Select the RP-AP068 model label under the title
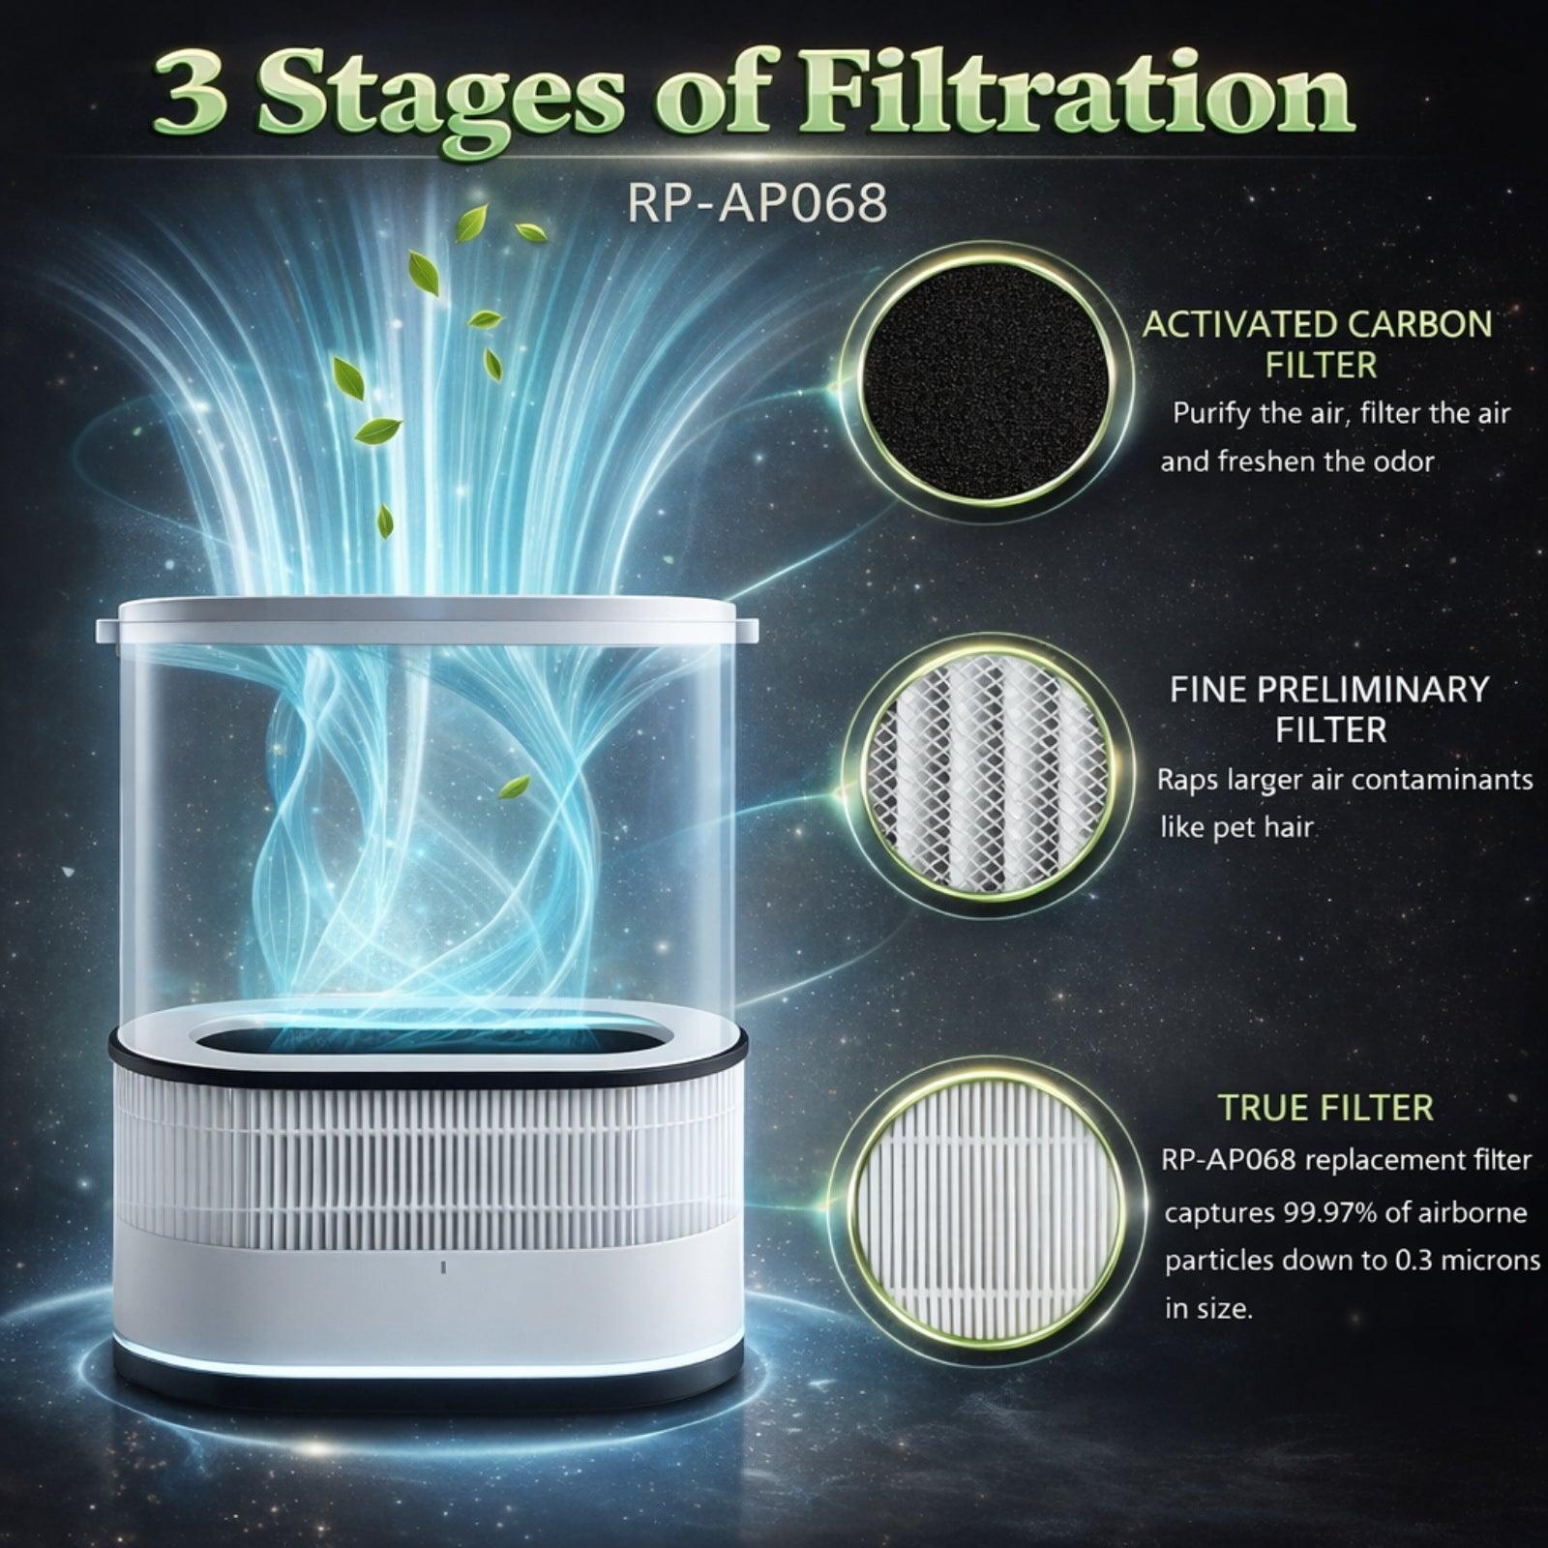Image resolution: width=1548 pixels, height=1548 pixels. tap(757, 203)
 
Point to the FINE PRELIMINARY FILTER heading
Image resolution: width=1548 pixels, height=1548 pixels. tap(1329, 709)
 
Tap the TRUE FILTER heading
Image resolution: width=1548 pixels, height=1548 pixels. tap(1325, 1108)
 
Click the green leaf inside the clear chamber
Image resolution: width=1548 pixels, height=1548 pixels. tap(514, 786)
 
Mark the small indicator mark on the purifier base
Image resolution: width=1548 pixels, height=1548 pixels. tap(442, 1266)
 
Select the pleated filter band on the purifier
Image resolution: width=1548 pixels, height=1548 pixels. tap(426, 1161)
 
